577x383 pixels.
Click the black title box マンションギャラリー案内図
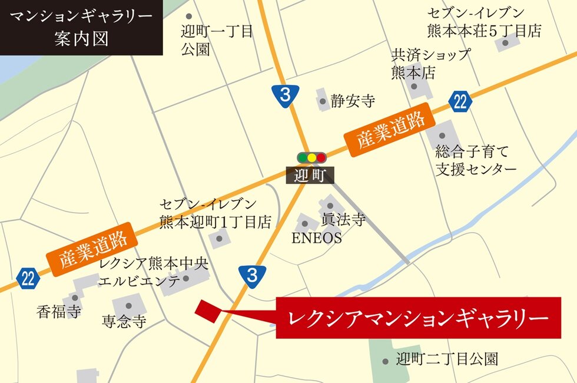81,28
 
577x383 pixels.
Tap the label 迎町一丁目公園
217,39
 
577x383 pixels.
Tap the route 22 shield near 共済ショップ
460,101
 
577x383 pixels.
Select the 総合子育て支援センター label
476,160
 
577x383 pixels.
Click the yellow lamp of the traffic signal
311,158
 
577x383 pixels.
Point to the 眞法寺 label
343,220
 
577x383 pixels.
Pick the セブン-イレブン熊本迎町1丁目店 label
215,213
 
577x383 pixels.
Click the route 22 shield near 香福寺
28,278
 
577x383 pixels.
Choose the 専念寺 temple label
124,322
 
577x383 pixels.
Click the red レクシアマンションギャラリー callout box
418,318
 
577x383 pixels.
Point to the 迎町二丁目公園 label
447,358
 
